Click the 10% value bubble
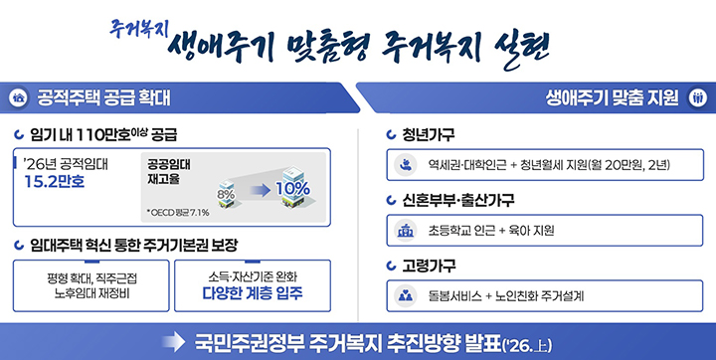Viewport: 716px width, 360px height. tap(292, 188)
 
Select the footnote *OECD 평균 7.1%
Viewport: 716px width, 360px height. tap(177, 212)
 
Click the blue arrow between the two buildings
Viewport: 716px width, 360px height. tap(258, 188)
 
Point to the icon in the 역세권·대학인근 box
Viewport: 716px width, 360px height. tap(406, 165)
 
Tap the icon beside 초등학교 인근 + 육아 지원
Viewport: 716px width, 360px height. tap(406, 231)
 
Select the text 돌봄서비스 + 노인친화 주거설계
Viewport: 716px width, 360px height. tap(506, 295)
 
